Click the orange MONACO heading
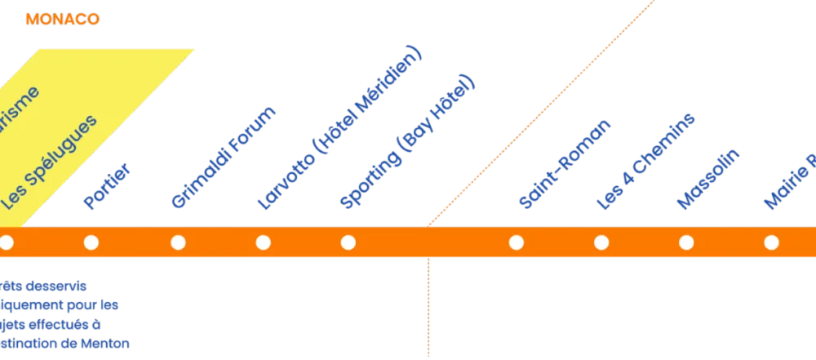[62, 19]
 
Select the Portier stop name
[107, 188]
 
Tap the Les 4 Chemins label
[646, 162]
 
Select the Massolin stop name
[708, 180]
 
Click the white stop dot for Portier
[91, 242]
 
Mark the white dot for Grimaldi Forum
[178, 242]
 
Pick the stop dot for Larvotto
[263, 242]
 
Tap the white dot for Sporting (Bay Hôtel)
[348, 242]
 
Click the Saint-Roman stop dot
[516, 242]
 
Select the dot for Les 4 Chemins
[601, 242]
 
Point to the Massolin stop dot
[686, 242]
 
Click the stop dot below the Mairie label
[771, 242]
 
